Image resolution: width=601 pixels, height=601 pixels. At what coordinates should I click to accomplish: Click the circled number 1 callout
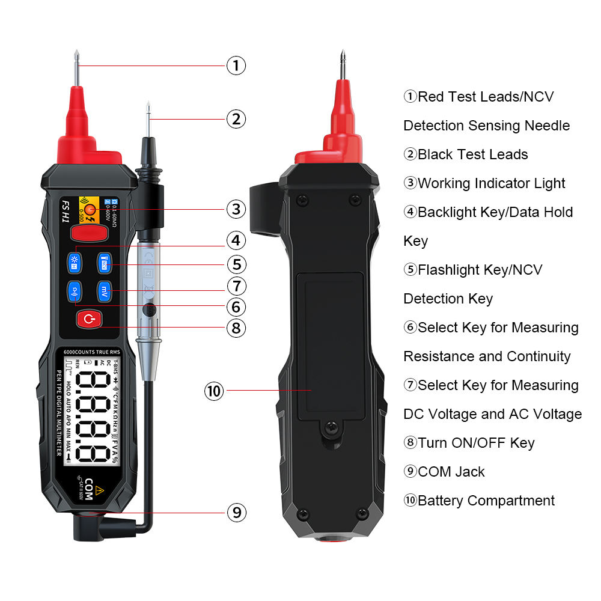click(x=236, y=65)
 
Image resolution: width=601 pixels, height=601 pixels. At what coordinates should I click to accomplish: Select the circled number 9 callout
click(x=236, y=512)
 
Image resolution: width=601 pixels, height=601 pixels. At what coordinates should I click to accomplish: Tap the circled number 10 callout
click(x=214, y=391)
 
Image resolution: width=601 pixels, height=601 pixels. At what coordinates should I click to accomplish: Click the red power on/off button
click(x=89, y=319)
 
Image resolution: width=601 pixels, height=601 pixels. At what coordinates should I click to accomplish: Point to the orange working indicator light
click(x=90, y=210)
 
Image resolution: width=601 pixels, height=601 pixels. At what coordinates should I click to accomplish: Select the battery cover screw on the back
click(x=329, y=427)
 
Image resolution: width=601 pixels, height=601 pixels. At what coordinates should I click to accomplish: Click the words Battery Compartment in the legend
click(x=486, y=501)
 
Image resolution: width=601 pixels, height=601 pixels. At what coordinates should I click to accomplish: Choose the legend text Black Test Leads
click(x=472, y=154)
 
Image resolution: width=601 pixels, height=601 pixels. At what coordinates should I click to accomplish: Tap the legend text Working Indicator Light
click(x=491, y=183)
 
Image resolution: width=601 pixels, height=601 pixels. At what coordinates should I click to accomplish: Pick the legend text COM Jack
click(x=451, y=472)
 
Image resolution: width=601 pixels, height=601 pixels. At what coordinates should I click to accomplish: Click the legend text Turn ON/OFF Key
click(x=475, y=443)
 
